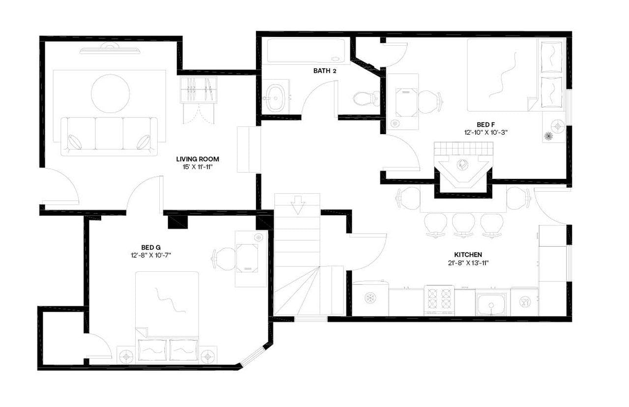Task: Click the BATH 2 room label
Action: pyautogui.click(x=325, y=71)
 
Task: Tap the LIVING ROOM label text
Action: pyautogui.click(x=198, y=159)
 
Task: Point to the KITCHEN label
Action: pyautogui.click(x=468, y=255)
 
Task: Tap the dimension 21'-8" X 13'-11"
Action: pyautogui.click(x=468, y=262)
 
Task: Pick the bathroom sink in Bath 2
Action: pyautogui.click(x=275, y=97)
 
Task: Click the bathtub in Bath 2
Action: pyautogui.click(x=307, y=51)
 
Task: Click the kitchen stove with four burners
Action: pyautogui.click(x=439, y=300)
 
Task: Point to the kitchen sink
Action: pyautogui.click(x=491, y=304)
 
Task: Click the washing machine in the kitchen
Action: pyautogui.click(x=370, y=298)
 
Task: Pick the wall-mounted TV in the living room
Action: pyautogui.click(x=110, y=49)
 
